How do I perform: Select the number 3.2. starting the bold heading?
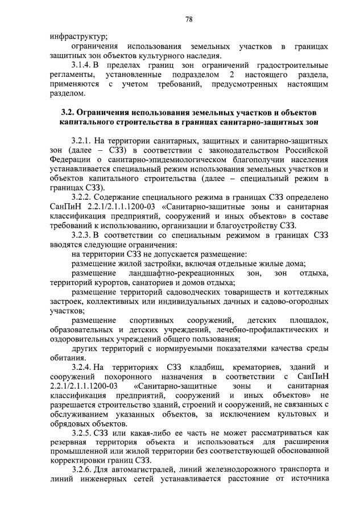pos(68,112)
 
